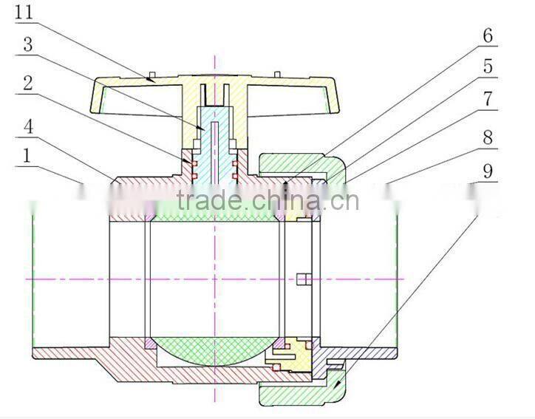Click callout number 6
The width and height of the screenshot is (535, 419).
point(488,35)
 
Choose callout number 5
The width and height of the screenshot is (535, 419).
point(488,67)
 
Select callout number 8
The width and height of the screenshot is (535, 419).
point(488,137)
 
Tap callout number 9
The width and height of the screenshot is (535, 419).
point(488,170)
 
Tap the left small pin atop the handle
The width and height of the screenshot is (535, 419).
point(151,75)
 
